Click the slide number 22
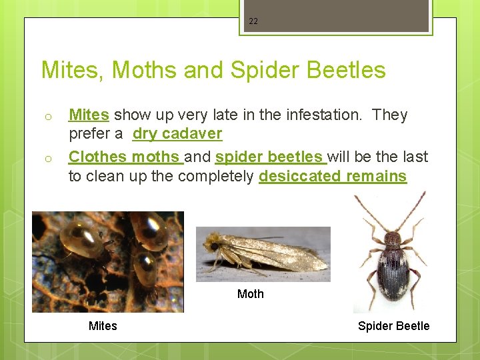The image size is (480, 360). (253, 21)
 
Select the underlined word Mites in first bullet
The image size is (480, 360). (89, 115)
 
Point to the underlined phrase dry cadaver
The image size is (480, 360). (177, 134)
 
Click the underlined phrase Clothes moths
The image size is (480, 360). (125, 157)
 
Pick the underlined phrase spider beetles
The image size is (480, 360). (269, 157)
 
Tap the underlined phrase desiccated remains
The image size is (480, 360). (332, 177)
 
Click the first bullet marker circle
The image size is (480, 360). (48, 117)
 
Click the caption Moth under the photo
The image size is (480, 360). (251, 294)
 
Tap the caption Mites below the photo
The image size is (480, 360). (103, 326)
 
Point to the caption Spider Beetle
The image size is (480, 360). (393, 326)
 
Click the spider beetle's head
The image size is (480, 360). (393, 237)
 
